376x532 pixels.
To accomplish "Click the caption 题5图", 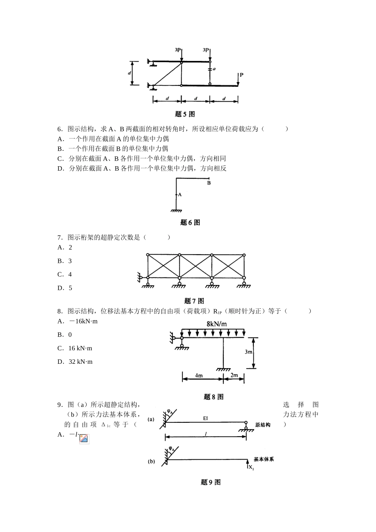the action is [185, 114].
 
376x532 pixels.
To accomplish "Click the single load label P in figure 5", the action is [241, 75].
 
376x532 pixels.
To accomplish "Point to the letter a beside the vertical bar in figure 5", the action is [214, 69].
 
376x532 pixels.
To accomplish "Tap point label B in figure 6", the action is [209, 183].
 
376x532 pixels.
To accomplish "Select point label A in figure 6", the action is [180, 195].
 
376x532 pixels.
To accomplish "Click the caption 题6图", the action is [190, 222].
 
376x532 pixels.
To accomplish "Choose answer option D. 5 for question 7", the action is [65, 288].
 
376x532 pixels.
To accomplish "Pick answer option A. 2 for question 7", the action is [65, 247].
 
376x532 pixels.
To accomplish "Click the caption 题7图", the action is [194, 301].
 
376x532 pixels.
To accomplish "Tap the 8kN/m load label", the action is [217, 324].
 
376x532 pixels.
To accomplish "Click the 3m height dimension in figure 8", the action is [248, 352].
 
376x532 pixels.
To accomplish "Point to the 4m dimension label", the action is [199, 375].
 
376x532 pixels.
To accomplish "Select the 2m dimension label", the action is [234, 375].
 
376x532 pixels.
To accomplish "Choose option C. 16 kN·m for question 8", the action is [75, 348].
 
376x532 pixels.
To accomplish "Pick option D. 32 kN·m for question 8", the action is [75, 362].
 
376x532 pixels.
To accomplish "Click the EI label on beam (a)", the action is [205, 418].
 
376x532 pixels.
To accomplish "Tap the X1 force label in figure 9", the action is [251, 468].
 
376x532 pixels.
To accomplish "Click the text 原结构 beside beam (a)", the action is [263, 425].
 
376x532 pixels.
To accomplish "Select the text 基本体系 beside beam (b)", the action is [264, 460].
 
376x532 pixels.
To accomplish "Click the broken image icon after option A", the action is [84, 439].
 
